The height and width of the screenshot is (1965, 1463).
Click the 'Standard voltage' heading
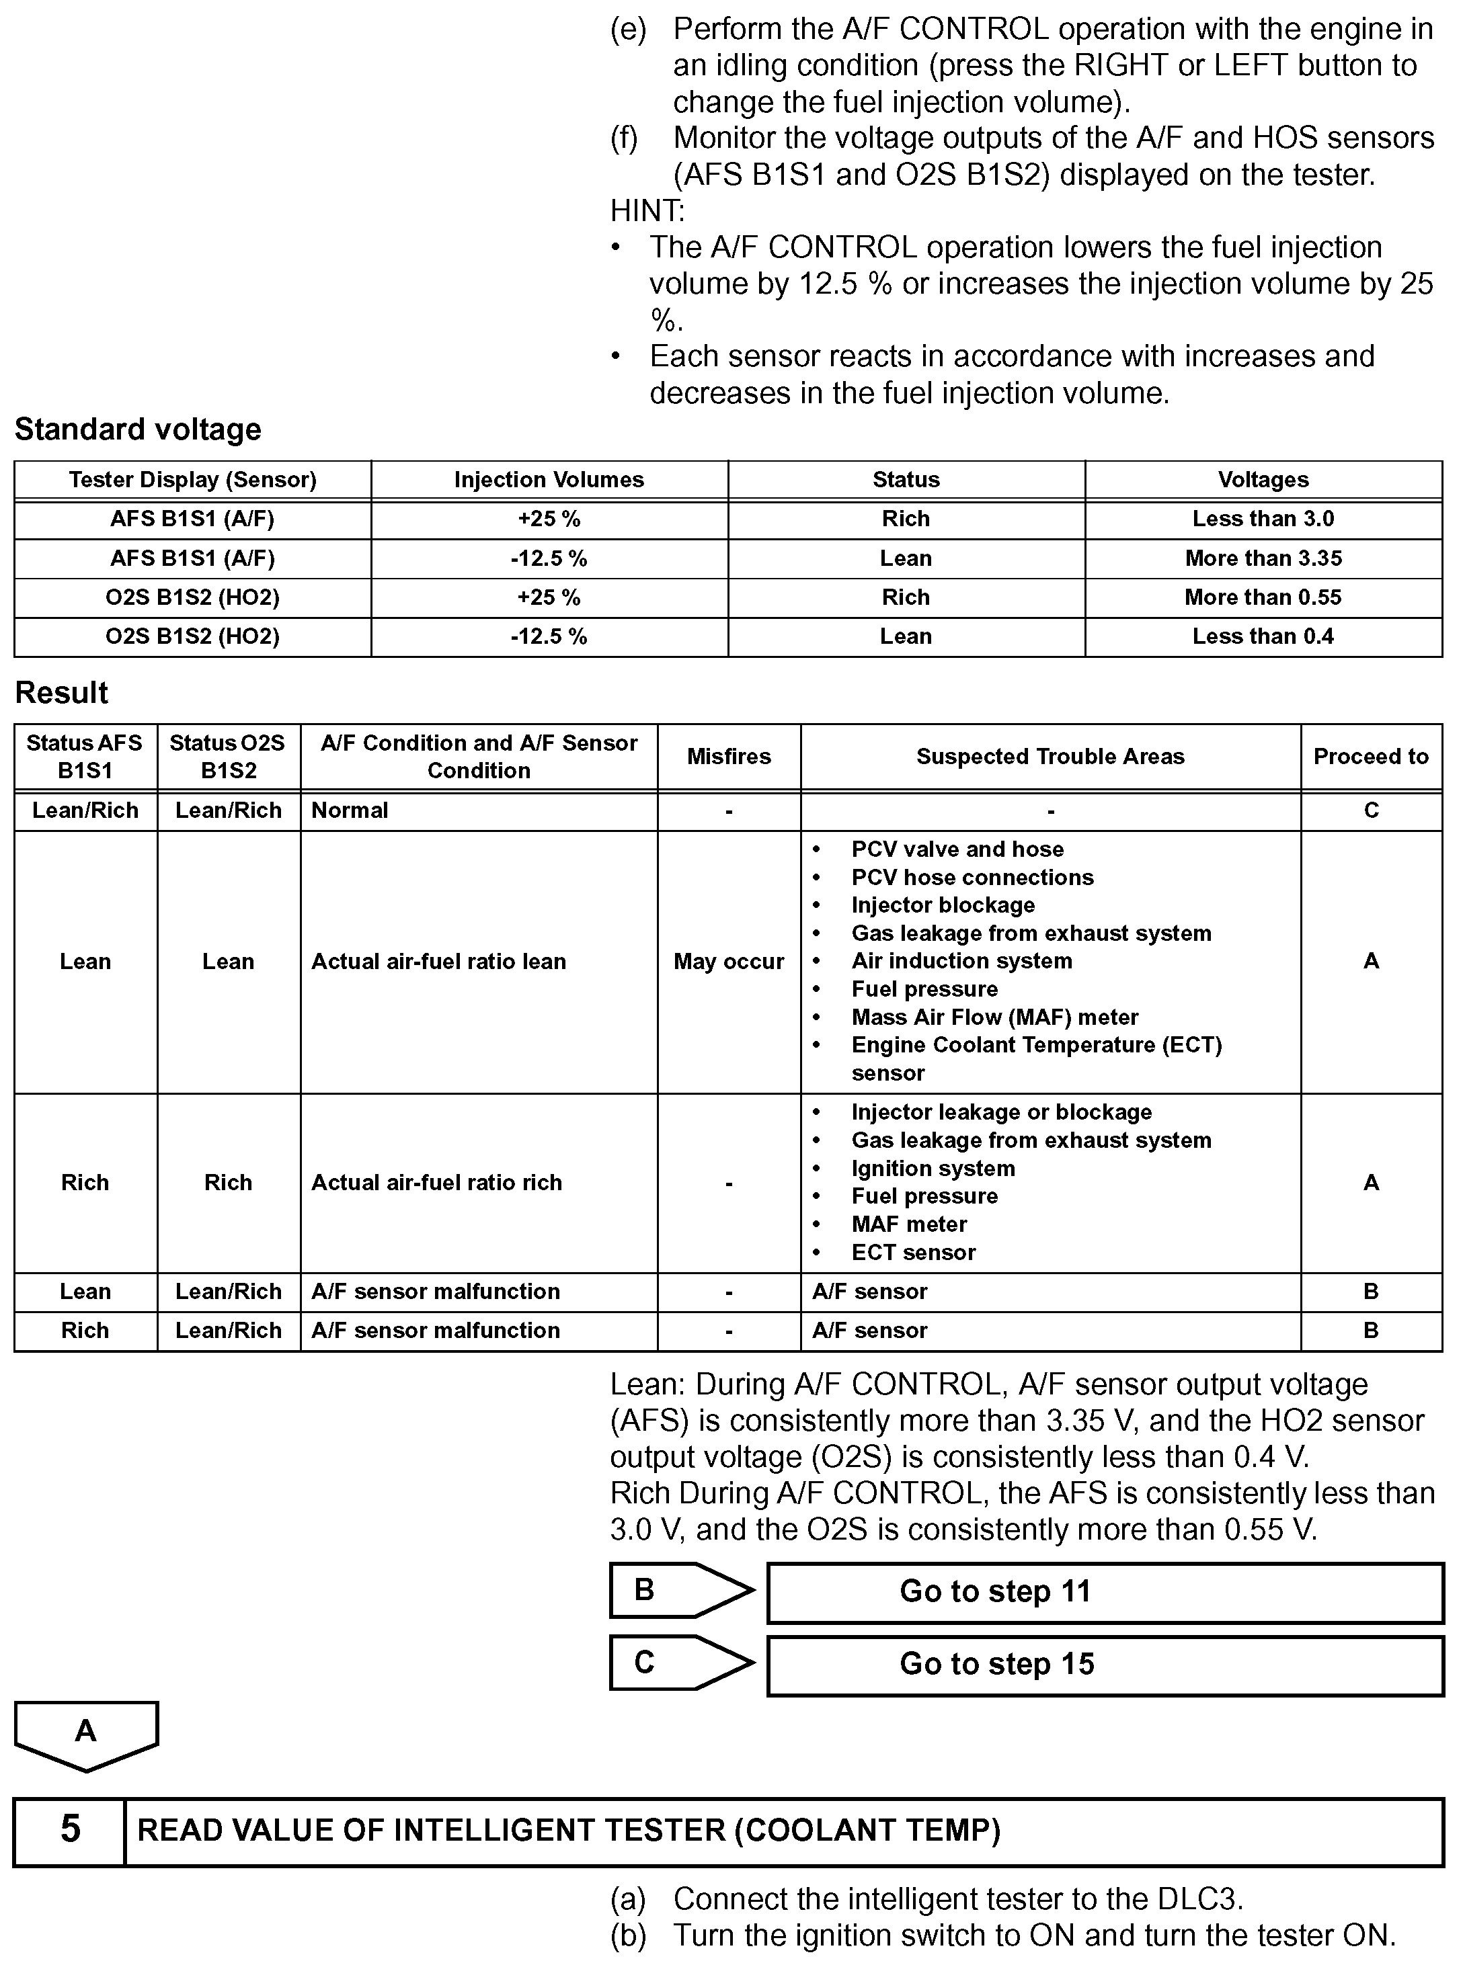point(138,429)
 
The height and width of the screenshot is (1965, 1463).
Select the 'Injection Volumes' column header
point(549,480)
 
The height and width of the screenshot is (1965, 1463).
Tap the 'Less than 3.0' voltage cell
point(1263,519)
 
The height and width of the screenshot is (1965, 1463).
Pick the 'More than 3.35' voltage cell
point(1263,558)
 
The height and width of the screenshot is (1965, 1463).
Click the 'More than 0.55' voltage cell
point(1263,597)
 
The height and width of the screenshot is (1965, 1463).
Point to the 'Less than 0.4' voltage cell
point(1263,636)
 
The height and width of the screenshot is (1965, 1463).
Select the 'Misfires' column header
point(729,757)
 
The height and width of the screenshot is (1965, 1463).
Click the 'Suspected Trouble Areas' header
point(1050,757)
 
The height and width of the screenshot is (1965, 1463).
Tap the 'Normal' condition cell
point(350,810)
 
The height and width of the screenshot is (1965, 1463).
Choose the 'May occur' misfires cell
point(729,961)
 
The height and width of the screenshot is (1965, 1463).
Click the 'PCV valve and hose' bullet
point(957,849)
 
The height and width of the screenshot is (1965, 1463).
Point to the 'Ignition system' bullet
point(933,1169)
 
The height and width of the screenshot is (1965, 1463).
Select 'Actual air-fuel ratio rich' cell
point(436,1183)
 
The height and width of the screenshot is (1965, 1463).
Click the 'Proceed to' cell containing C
point(1371,810)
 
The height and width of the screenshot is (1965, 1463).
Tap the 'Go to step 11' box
point(1105,1591)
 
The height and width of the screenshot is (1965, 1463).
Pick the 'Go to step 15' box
point(1105,1664)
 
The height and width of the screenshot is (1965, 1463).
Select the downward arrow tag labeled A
point(86,1733)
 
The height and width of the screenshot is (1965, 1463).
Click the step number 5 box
point(70,1829)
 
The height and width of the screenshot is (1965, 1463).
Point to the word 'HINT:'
point(647,210)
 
